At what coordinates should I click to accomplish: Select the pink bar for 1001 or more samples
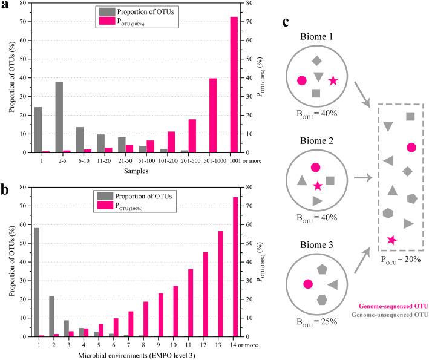pos(234,85)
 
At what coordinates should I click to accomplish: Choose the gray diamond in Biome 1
pos(316,61)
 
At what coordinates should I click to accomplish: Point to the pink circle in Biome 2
pos(315,167)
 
